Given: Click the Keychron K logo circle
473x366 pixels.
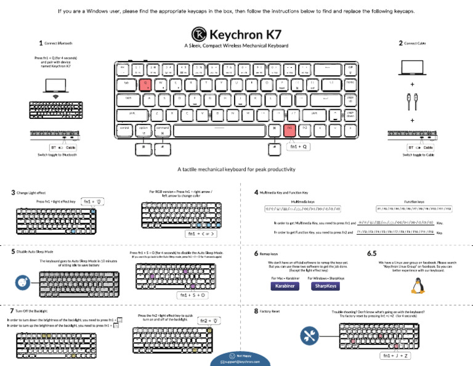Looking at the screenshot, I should point(199,33).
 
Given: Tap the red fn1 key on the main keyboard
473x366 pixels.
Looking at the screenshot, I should point(289,128).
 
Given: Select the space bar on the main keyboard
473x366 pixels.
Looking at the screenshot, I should point(220,129).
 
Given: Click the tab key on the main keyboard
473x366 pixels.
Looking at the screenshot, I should point(127,82).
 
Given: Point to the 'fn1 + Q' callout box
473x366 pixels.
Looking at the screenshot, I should point(299,147).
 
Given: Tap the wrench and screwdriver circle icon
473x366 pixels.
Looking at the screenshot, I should point(309,336).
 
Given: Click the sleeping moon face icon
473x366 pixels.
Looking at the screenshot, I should point(22,282).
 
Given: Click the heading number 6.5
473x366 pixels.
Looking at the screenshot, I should point(372,253).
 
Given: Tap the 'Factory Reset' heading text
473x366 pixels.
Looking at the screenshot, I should point(270,311).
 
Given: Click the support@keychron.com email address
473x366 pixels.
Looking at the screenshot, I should point(240,362).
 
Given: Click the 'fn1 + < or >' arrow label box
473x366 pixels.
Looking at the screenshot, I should point(201,234).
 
